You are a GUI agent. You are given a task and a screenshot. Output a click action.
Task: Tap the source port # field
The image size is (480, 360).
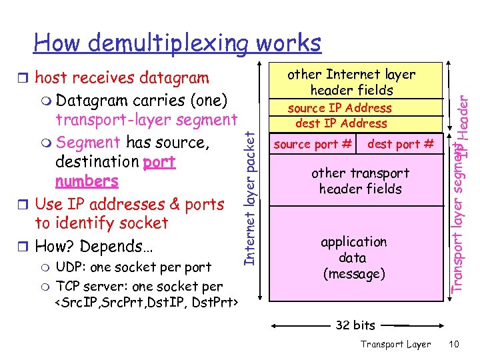[x=313, y=144]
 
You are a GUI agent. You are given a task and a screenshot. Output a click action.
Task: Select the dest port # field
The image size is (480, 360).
[x=400, y=144]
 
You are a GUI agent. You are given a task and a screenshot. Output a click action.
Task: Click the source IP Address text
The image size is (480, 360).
[x=339, y=108]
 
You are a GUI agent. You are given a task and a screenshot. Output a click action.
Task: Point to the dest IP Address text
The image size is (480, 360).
[x=341, y=123]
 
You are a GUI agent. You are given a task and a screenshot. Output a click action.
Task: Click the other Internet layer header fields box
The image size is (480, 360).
[x=351, y=82]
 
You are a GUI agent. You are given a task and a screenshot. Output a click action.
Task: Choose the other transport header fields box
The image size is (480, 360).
[x=360, y=181]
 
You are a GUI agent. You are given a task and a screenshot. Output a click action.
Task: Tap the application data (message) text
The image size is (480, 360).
[x=353, y=257]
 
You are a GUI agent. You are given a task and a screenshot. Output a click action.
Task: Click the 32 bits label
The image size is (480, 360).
[x=355, y=325]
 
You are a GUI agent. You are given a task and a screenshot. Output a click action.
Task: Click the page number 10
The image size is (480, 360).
[x=453, y=344]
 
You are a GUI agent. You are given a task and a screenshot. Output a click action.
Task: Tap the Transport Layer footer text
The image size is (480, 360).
[x=395, y=344]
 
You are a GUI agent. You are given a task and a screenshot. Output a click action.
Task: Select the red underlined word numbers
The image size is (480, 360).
[x=87, y=181]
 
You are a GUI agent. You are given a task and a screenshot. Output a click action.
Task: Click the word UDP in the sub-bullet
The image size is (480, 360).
[x=69, y=267]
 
